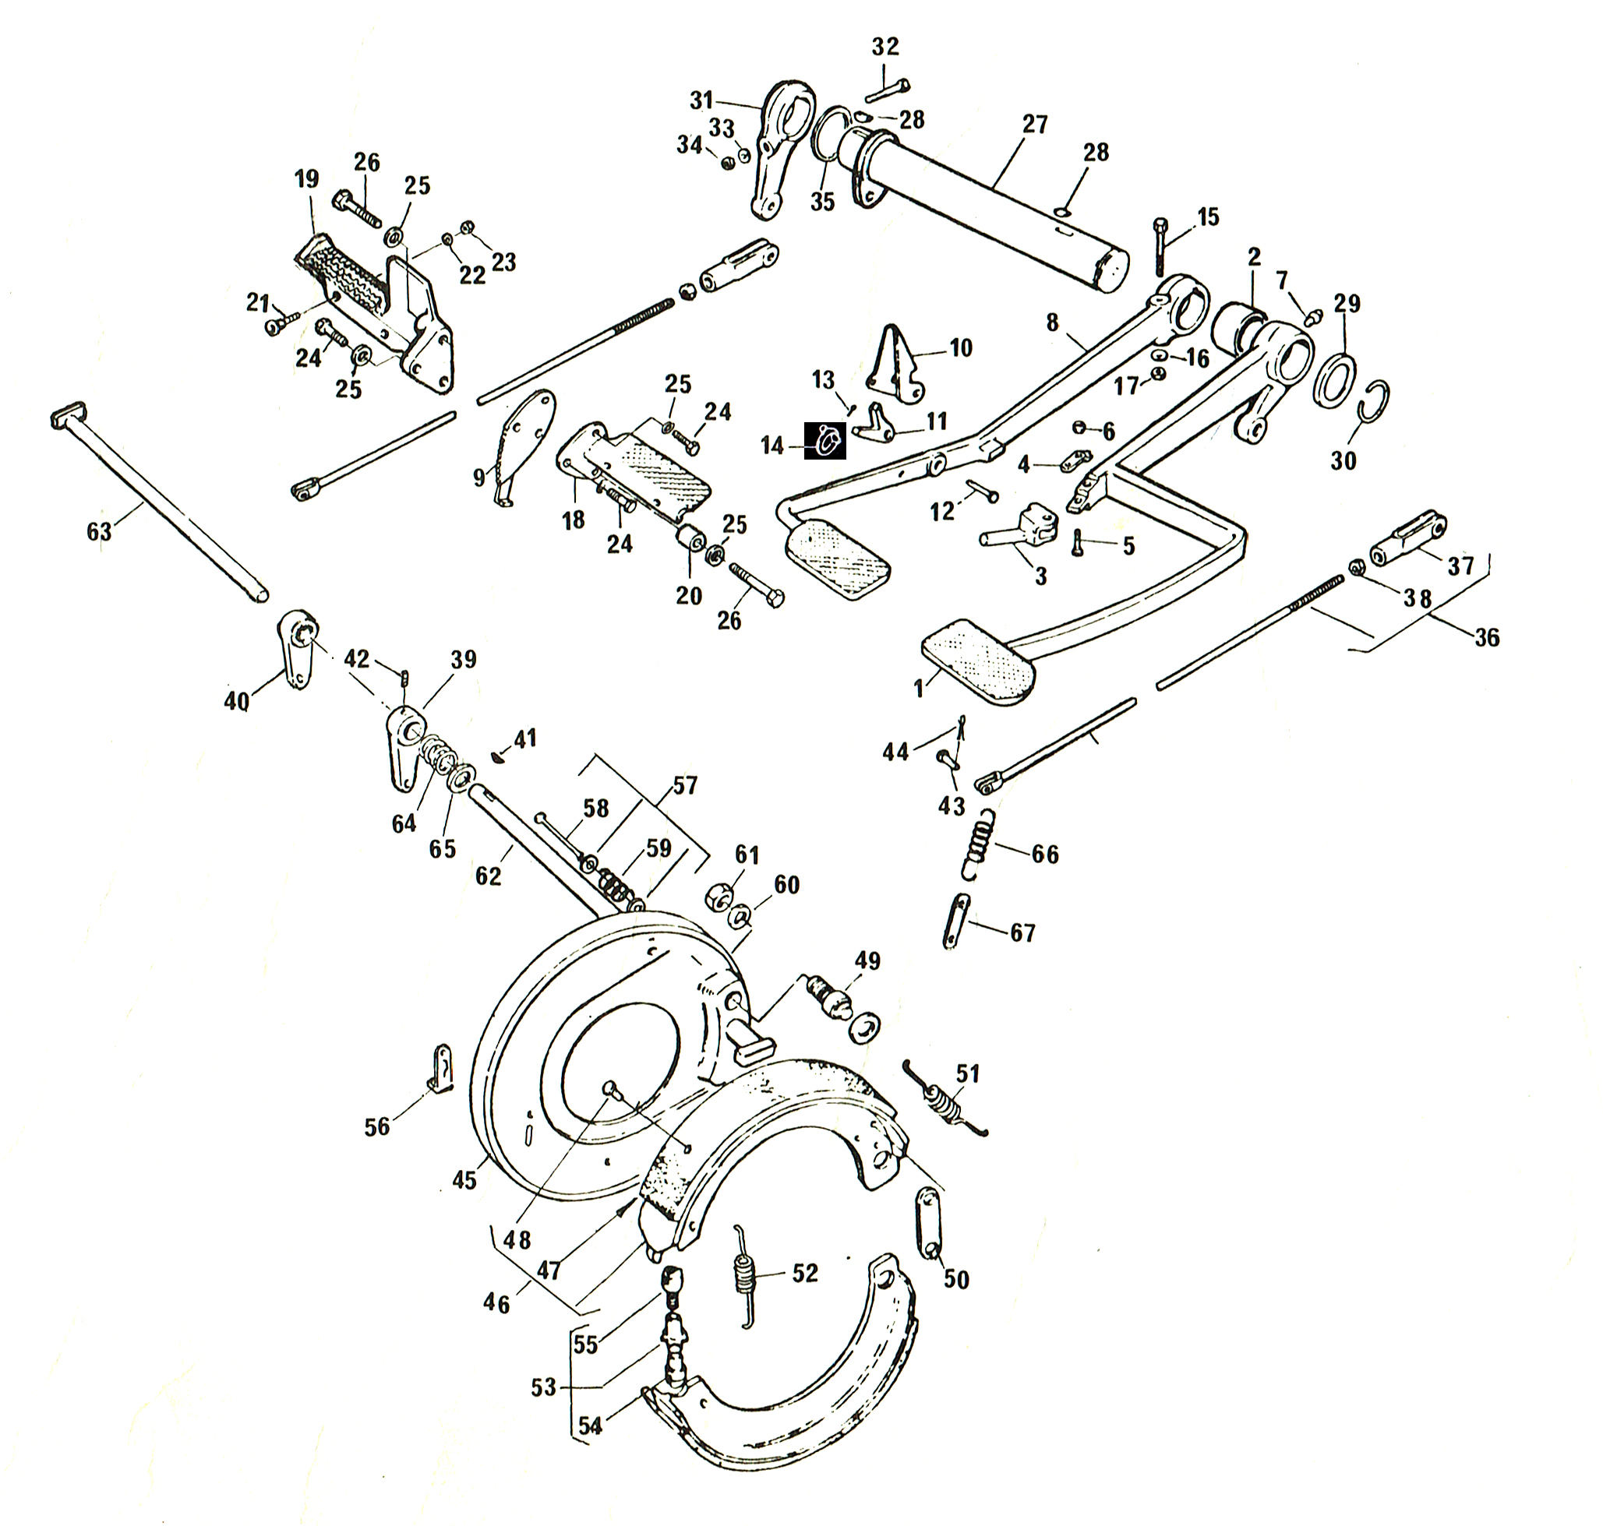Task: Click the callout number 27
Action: pyautogui.click(x=1035, y=125)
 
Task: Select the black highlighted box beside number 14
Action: pyautogui.click(x=825, y=441)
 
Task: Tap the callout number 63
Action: pyautogui.click(x=99, y=531)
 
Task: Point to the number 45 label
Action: pyautogui.click(x=464, y=1179)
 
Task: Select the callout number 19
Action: pyautogui.click(x=307, y=179)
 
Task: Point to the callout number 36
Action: pyautogui.click(x=1487, y=637)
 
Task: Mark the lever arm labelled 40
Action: pyautogui.click(x=296, y=650)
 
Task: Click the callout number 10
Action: pyautogui.click(x=961, y=348)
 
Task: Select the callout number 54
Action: pyautogui.click(x=591, y=1426)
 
